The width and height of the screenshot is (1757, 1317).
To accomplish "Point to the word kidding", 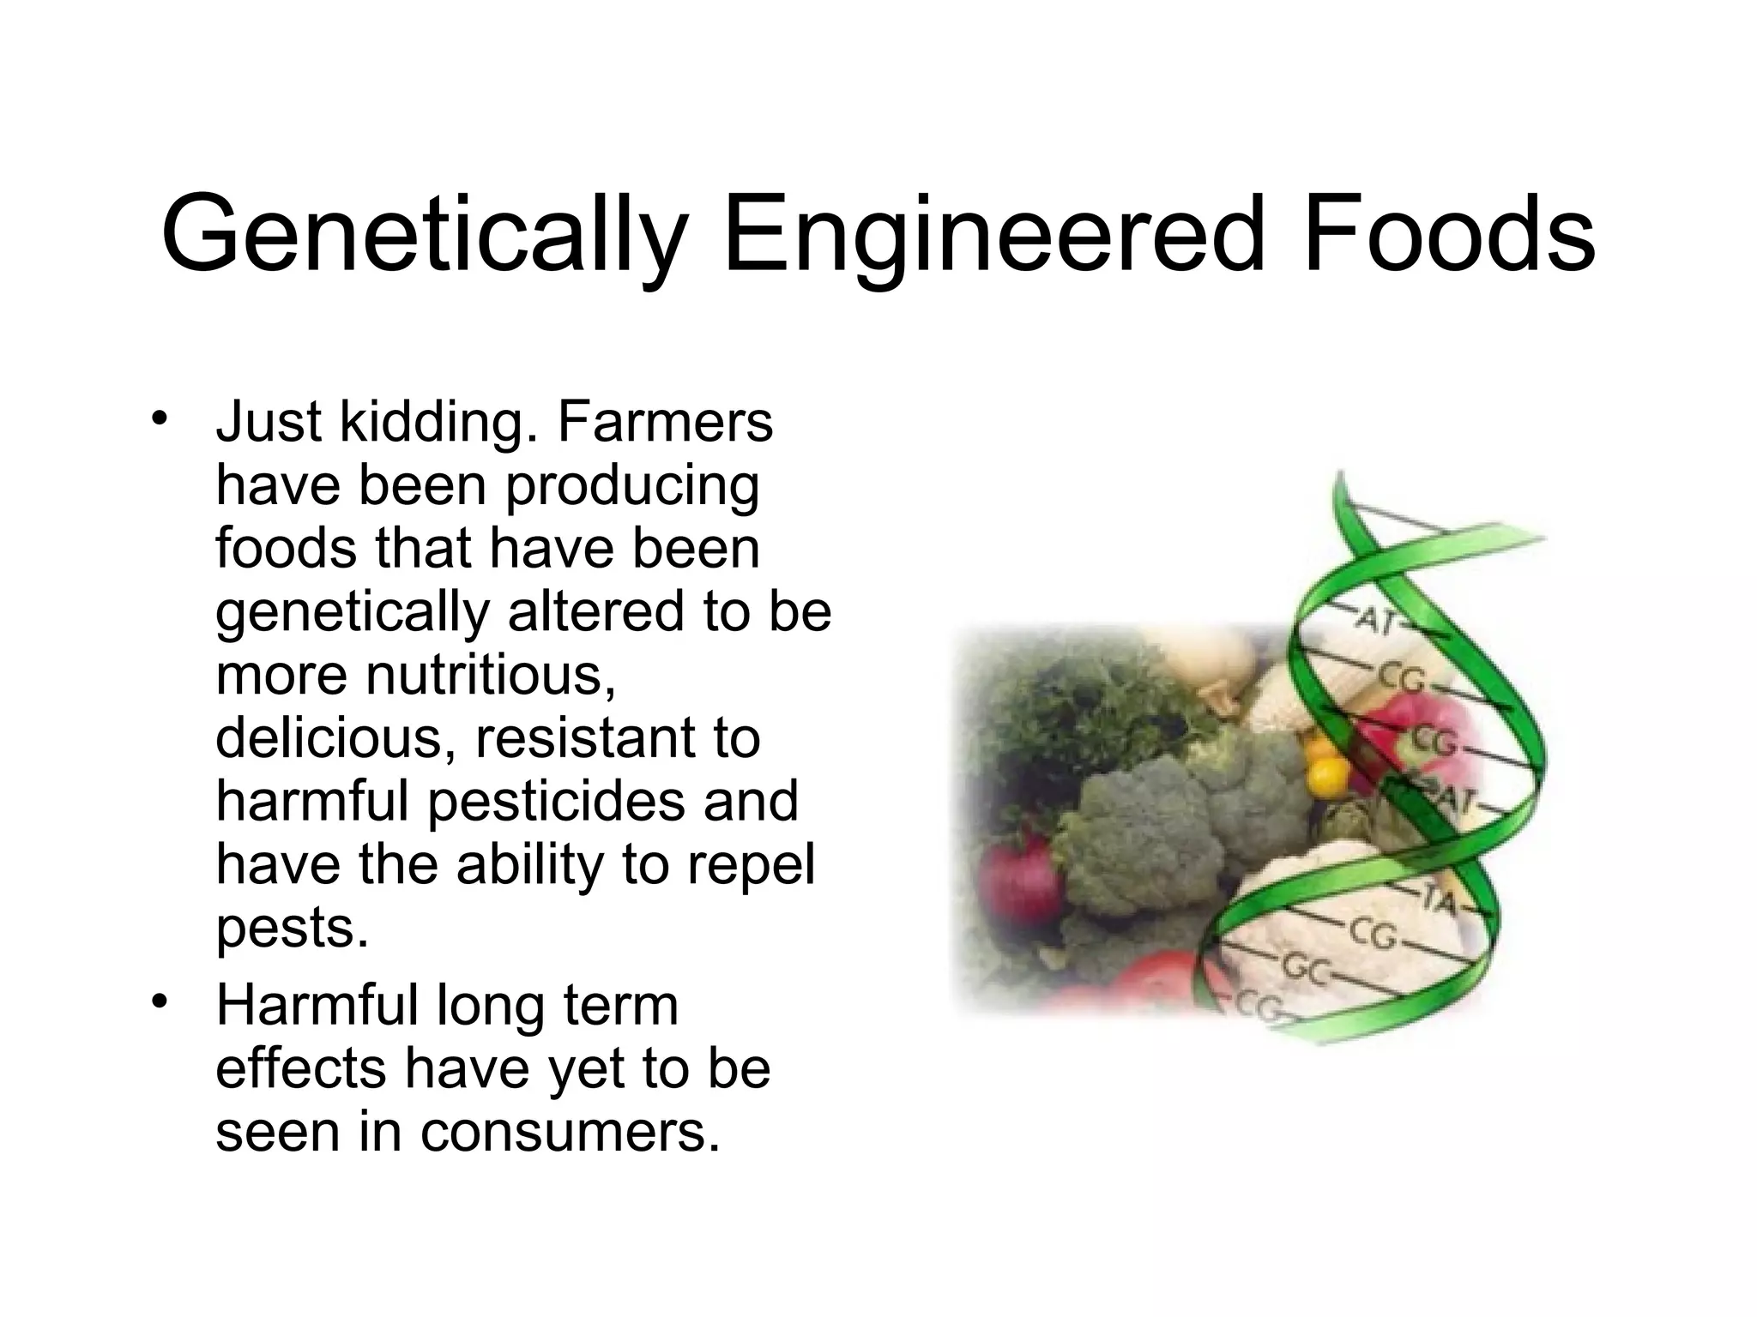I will coord(432,423).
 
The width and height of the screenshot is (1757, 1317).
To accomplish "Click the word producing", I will coord(631,486).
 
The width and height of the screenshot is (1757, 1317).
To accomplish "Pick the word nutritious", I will coord(491,675).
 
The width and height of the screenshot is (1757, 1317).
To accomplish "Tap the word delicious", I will coord(334,738).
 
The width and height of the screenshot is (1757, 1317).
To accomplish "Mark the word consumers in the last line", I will coord(570,1132).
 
